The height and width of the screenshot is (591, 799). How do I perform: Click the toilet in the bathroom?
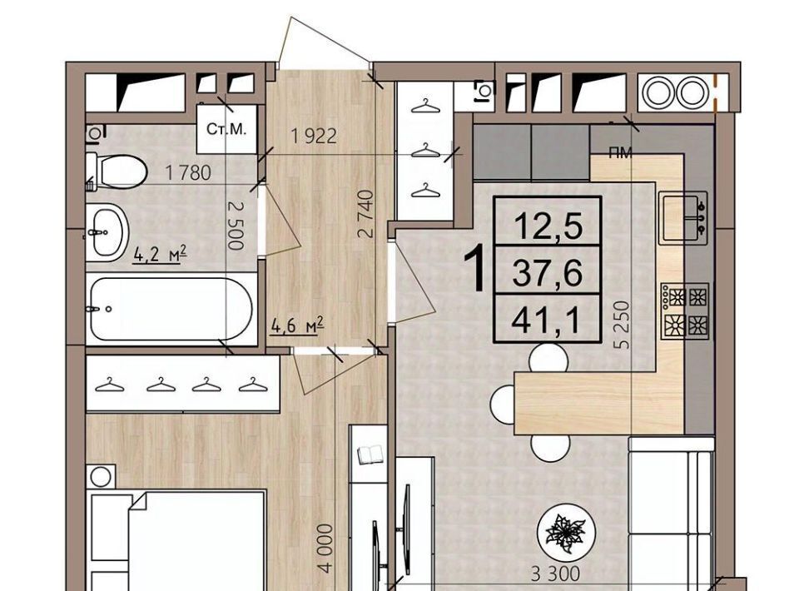click(117, 170)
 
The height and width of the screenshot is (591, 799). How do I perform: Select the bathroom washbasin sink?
click(106, 232)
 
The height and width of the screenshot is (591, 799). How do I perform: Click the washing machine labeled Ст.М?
click(226, 128)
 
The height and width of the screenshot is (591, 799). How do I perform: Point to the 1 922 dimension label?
click(314, 136)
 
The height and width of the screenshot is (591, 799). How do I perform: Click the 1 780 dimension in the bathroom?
click(188, 173)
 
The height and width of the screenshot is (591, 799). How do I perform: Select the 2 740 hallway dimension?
click(366, 214)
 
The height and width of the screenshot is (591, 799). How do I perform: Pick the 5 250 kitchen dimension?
click(623, 325)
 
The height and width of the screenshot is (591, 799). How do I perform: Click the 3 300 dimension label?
click(555, 574)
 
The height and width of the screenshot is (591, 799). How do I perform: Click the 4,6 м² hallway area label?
click(298, 325)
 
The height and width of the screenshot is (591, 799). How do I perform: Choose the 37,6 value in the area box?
click(548, 273)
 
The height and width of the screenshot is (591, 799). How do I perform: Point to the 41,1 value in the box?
click(547, 321)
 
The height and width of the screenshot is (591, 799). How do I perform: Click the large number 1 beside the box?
click(476, 268)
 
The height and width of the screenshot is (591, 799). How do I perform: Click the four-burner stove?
click(685, 310)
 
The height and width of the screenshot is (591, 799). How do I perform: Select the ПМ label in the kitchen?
click(620, 153)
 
